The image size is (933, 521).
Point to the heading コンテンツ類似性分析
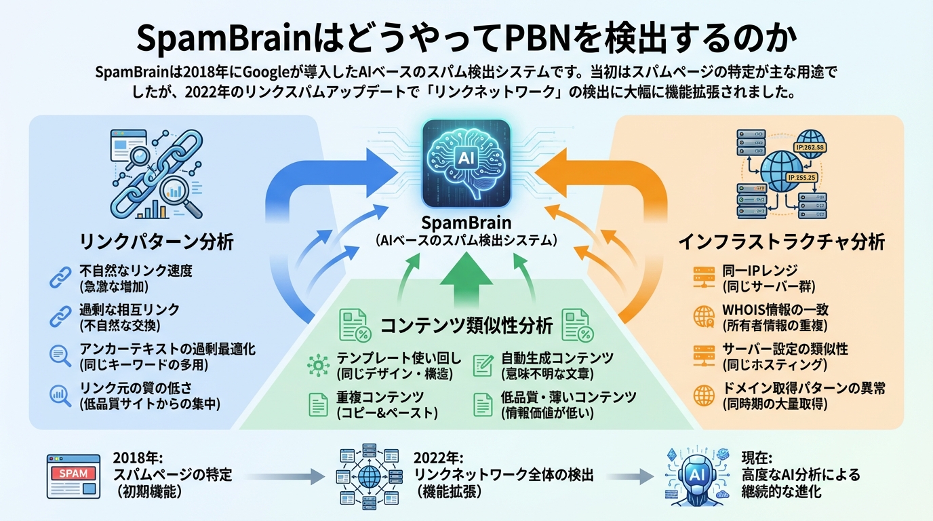coord(466,326)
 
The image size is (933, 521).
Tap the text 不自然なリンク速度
coord(136,271)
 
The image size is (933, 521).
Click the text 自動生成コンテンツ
coord(557,358)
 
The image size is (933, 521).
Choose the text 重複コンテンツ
coord(380,397)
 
